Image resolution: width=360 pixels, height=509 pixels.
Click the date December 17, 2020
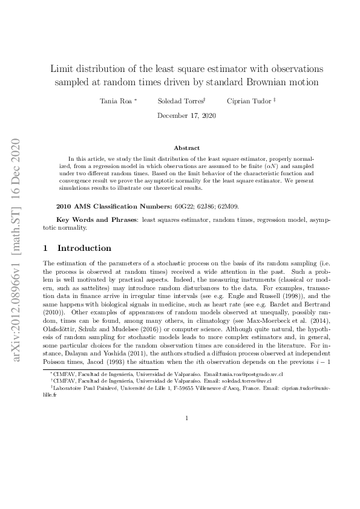(186, 115)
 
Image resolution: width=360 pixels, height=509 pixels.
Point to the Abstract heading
(186, 148)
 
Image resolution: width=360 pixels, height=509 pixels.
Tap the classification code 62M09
(229, 206)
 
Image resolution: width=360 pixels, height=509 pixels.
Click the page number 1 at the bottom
(186, 418)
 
